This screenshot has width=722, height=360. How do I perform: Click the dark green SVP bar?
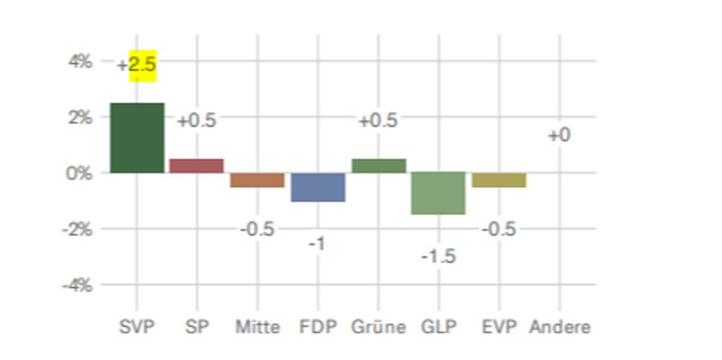point(137,137)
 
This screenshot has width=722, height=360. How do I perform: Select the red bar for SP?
point(197,166)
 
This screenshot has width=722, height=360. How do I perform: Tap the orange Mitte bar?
point(258,180)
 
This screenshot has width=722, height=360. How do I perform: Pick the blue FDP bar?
point(318,187)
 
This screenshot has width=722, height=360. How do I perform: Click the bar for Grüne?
point(379,166)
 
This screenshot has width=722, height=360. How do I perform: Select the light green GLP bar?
point(439,193)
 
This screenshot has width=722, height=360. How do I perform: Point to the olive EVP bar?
point(499,180)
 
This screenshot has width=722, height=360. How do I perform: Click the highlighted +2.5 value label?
point(137,65)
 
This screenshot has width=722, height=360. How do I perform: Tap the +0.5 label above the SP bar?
point(197,120)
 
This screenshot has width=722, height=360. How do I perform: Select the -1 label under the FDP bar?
point(318,244)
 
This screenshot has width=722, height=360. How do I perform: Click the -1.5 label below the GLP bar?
point(439,257)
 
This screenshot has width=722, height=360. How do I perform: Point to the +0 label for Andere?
point(559,136)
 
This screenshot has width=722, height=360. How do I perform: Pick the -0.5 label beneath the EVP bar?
point(499,229)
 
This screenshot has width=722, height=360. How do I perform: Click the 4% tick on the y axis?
point(80,61)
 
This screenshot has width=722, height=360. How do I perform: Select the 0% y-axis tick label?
point(80,173)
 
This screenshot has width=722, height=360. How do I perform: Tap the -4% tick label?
point(78,285)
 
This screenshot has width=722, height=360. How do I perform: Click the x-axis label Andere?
point(560,327)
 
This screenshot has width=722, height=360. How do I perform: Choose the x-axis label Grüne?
point(379,327)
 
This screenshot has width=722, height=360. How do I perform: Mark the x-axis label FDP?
point(318,327)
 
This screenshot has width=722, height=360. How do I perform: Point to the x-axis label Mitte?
point(258,327)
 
